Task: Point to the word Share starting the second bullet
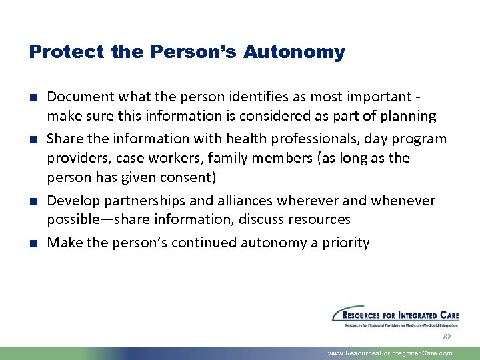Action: click(63, 139)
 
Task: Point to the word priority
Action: click(345, 243)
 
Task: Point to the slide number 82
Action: click(447, 337)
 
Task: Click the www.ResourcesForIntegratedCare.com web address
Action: click(390, 353)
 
